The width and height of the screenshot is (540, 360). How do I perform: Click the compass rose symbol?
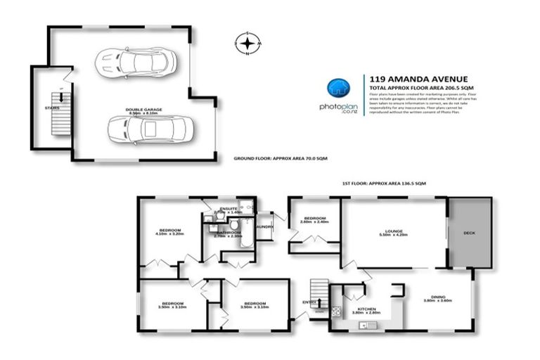pyautogui.click(x=247, y=44)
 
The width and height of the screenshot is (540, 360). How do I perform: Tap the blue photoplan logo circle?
pyautogui.click(x=338, y=89)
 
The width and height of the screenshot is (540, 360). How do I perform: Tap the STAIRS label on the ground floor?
pyautogui.click(x=51, y=108)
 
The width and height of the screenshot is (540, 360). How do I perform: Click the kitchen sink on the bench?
pyautogui.click(x=366, y=325)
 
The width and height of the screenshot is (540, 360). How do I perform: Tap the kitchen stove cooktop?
pyautogui.click(x=336, y=311)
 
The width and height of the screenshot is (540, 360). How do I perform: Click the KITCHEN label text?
pyautogui.click(x=366, y=309)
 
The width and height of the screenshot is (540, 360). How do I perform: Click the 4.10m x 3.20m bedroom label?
pyautogui.click(x=169, y=233)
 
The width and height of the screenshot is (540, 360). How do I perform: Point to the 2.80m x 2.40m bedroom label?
pyautogui.click(x=314, y=219)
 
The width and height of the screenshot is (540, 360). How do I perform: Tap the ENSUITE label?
pyautogui.click(x=228, y=209)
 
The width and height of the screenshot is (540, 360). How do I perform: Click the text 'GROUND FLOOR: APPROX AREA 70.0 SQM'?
pyautogui.click(x=280, y=159)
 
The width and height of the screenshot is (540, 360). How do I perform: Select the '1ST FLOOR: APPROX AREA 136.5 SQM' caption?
pyautogui.click(x=384, y=183)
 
